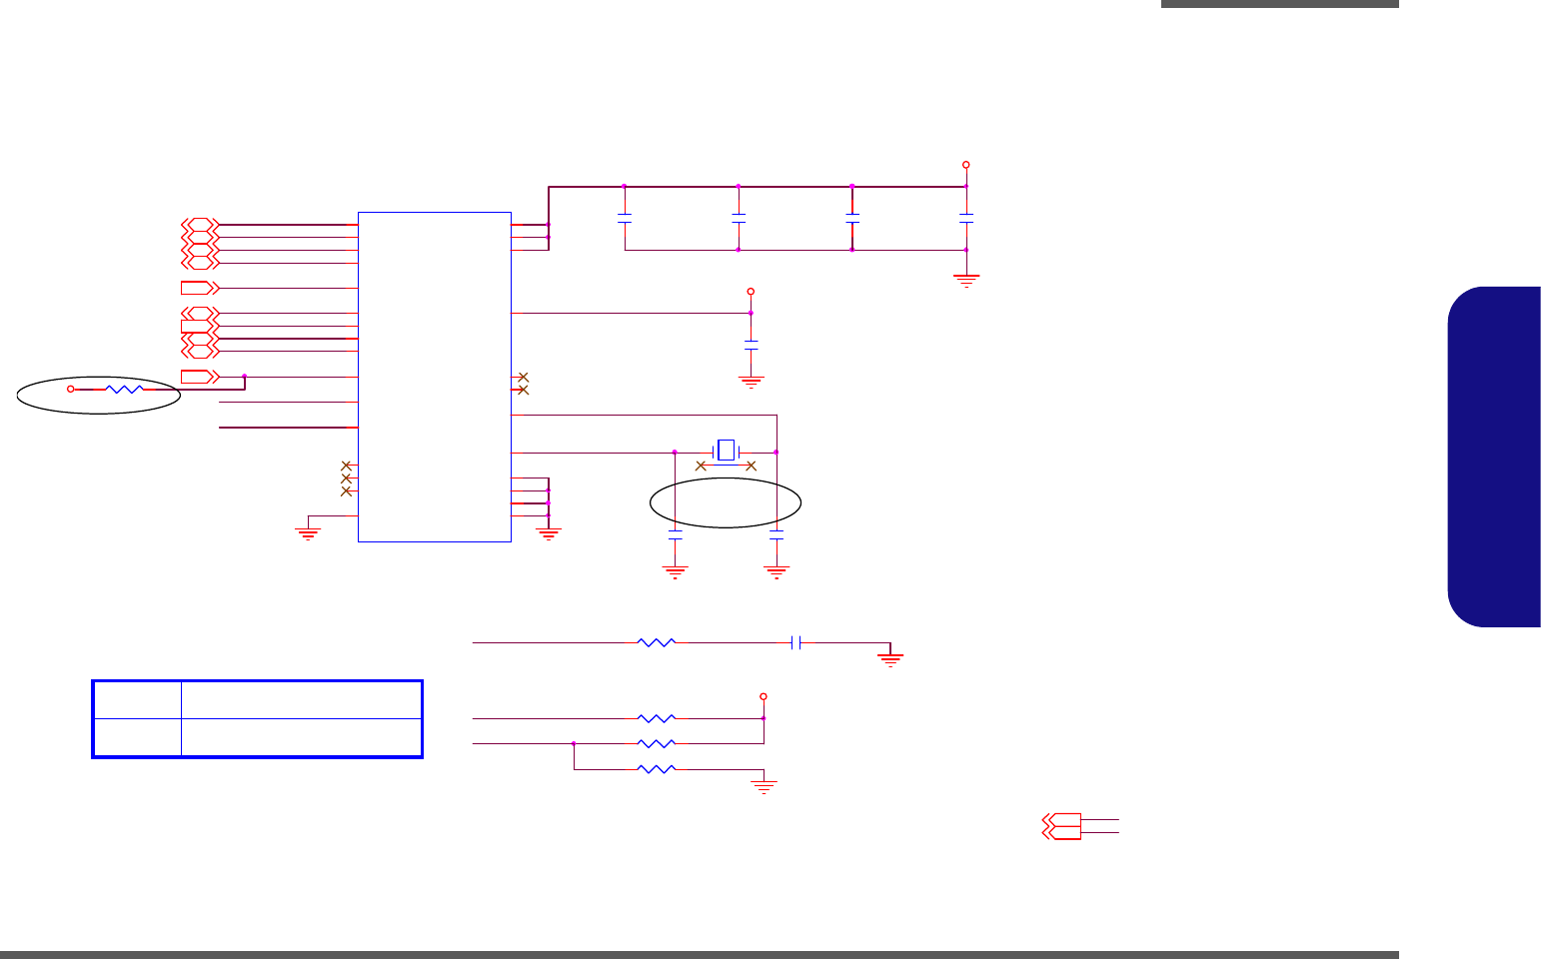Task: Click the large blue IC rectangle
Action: coord(435,377)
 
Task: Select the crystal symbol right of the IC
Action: coord(726,451)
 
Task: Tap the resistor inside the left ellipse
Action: coord(125,389)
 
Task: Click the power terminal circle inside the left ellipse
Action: coord(70,389)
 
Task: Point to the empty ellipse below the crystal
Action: coord(726,502)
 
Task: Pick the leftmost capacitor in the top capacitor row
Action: coord(625,217)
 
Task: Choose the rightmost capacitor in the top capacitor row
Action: coord(965,217)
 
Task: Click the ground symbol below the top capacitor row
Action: coord(965,280)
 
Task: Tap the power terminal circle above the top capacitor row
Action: coord(965,165)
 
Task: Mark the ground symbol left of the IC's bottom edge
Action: coord(308,532)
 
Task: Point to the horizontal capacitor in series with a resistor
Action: coord(795,643)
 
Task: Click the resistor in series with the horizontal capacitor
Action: coord(656,643)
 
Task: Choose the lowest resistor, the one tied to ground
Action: coord(656,769)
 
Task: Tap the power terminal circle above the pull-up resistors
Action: coord(764,696)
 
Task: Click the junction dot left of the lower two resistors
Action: coord(574,743)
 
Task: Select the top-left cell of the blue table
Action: coord(137,700)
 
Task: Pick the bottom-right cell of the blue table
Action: coord(300,737)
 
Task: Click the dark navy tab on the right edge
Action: coord(1494,457)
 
